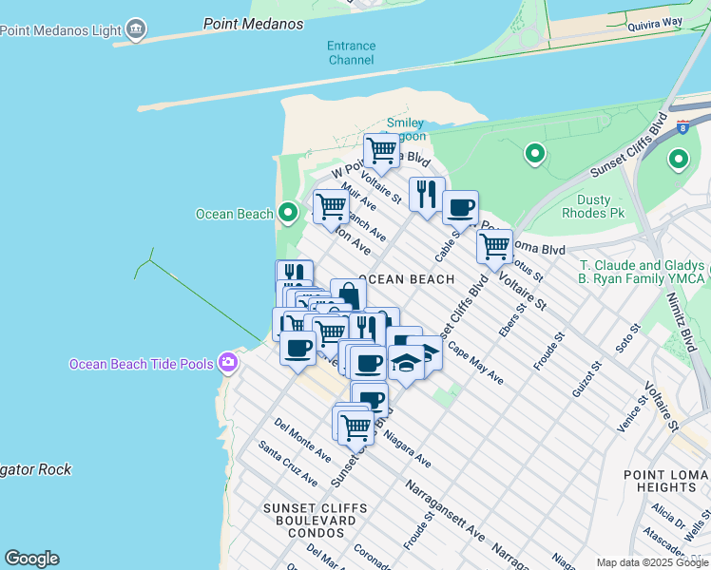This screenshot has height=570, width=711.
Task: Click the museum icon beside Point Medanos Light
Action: coord(136,29)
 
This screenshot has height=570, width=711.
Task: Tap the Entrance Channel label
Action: coord(351,52)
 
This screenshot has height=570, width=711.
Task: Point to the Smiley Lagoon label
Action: coord(406,129)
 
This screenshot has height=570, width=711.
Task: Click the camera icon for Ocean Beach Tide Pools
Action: coord(228,363)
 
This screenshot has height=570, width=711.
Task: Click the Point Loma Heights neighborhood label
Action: coord(665,481)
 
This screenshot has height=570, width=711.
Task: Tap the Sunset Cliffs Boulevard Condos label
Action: coord(309,521)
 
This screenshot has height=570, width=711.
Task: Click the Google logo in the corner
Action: coord(31,559)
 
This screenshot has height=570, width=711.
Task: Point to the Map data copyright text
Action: coord(652,562)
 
